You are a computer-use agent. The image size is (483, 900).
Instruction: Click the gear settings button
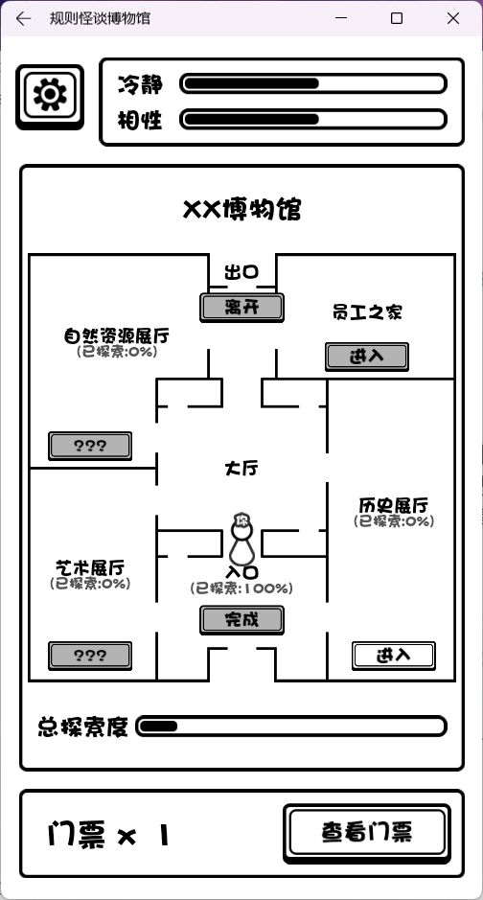click(x=50, y=97)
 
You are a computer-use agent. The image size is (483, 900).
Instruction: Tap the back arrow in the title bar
click(x=23, y=18)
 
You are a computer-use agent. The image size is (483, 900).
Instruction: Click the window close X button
click(x=453, y=18)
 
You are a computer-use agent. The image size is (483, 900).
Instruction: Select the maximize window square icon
click(x=397, y=18)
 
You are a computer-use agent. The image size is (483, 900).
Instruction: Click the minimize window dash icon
click(x=341, y=18)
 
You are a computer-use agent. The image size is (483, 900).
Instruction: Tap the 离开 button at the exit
click(x=241, y=308)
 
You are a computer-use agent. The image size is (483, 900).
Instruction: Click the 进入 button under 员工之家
click(x=367, y=357)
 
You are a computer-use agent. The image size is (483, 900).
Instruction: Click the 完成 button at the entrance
click(x=241, y=620)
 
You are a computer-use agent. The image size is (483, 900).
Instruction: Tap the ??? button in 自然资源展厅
click(x=90, y=446)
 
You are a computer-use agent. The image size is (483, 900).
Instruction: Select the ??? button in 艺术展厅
click(x=90, y=656)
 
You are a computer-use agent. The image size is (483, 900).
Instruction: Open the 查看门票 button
click(x=366, y=834)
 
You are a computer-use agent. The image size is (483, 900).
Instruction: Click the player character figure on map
click(x=241, y=540)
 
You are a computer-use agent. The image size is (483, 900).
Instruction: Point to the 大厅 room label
click(x=241, y=469)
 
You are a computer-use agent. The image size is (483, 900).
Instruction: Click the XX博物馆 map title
click(x=241, y=210)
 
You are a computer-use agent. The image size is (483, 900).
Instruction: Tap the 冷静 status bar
click(x=313, y=83)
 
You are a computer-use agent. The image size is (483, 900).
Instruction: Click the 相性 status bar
click(x=313, y=120)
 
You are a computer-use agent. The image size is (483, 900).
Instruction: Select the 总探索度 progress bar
click(x=290, y=727)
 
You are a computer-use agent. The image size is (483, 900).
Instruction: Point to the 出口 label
click(x=241, y=272)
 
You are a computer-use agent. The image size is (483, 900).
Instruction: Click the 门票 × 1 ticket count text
click(x=109, y=835)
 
